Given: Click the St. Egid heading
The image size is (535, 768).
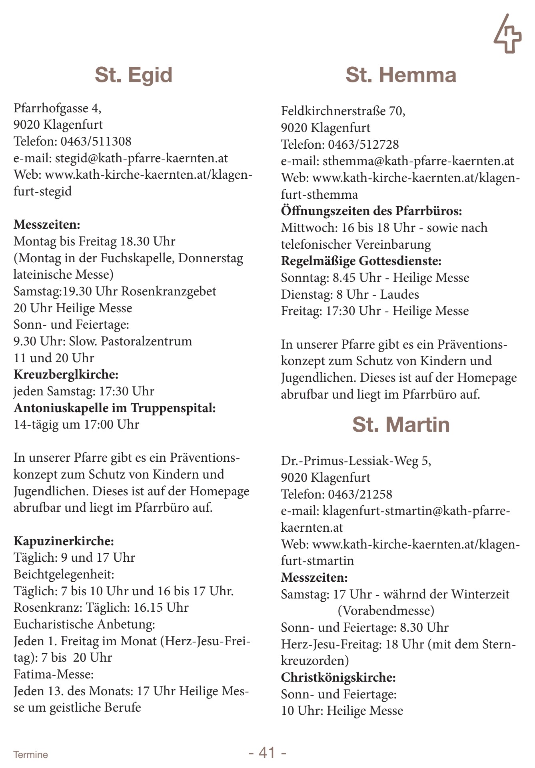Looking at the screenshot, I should pos(134,75).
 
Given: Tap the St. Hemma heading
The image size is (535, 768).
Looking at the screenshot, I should pos(401,75).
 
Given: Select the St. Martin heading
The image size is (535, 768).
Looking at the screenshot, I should pos(401,425).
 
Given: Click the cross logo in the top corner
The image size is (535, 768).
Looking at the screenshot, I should pos(507,35).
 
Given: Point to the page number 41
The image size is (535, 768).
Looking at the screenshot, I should pos(267,752).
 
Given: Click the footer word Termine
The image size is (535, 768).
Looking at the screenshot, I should pos(30,754).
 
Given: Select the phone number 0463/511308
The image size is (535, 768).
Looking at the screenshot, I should pos(96,141).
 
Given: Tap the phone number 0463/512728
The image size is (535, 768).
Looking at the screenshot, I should pos(363,144).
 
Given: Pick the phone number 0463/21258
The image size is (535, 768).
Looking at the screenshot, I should pos(360,494).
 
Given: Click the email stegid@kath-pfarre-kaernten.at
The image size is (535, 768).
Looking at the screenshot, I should pos(142,158).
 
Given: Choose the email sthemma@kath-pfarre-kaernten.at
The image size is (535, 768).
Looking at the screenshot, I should pos(418,161).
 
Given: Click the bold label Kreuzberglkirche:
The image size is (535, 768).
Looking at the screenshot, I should pos(66,375).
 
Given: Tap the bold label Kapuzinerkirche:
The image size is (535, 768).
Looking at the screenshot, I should pos(64,541).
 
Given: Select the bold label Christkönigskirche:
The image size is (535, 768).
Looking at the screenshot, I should pos(338,677).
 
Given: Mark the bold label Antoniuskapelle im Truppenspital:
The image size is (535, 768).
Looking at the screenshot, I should pos(115,408).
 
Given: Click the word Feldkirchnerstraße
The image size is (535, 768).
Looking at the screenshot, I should pos(333,111).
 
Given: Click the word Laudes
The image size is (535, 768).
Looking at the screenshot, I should pos(399,294).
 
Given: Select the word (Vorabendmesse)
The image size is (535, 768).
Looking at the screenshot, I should pos(386,610).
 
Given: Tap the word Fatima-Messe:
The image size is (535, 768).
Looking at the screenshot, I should pos(54,674).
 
